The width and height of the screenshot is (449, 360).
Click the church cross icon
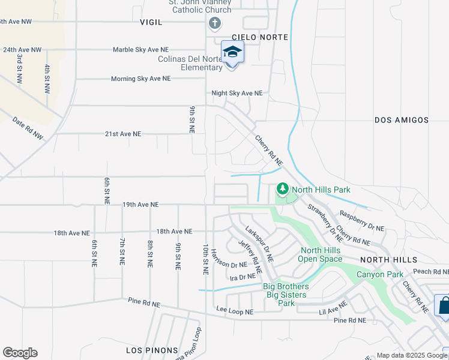pyautogui.click(x=214, y=23)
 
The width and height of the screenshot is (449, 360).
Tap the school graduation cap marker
pyautogui.click(x=232, y=53)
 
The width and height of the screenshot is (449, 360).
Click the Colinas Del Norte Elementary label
pyautogui.click(x=190, y=63)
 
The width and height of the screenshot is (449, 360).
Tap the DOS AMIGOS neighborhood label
pyautogui.click(x=402, y=120)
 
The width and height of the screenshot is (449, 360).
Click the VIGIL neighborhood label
pyautogui.click(x=151, y=22)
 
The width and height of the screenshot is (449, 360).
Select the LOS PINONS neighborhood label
pyautogui.click(x=152, y=350)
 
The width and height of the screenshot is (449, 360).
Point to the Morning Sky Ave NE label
pyautogui.click(x=140, y=79)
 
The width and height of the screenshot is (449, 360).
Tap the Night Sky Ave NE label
pyautogui.click(x=237, y=93)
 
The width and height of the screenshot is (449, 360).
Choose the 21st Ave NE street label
pyautogui.click(x=123, y=134)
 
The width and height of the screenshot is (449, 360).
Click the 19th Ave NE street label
pyautogui.click(x=140, y=205)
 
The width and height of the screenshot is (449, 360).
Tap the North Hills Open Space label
pyautogui.click(x=321, y=255)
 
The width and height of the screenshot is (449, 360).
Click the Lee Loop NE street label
pyautogui.click(x=235, y=311)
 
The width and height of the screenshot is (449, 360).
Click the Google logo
pyautogui.click(x=20, y=353)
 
